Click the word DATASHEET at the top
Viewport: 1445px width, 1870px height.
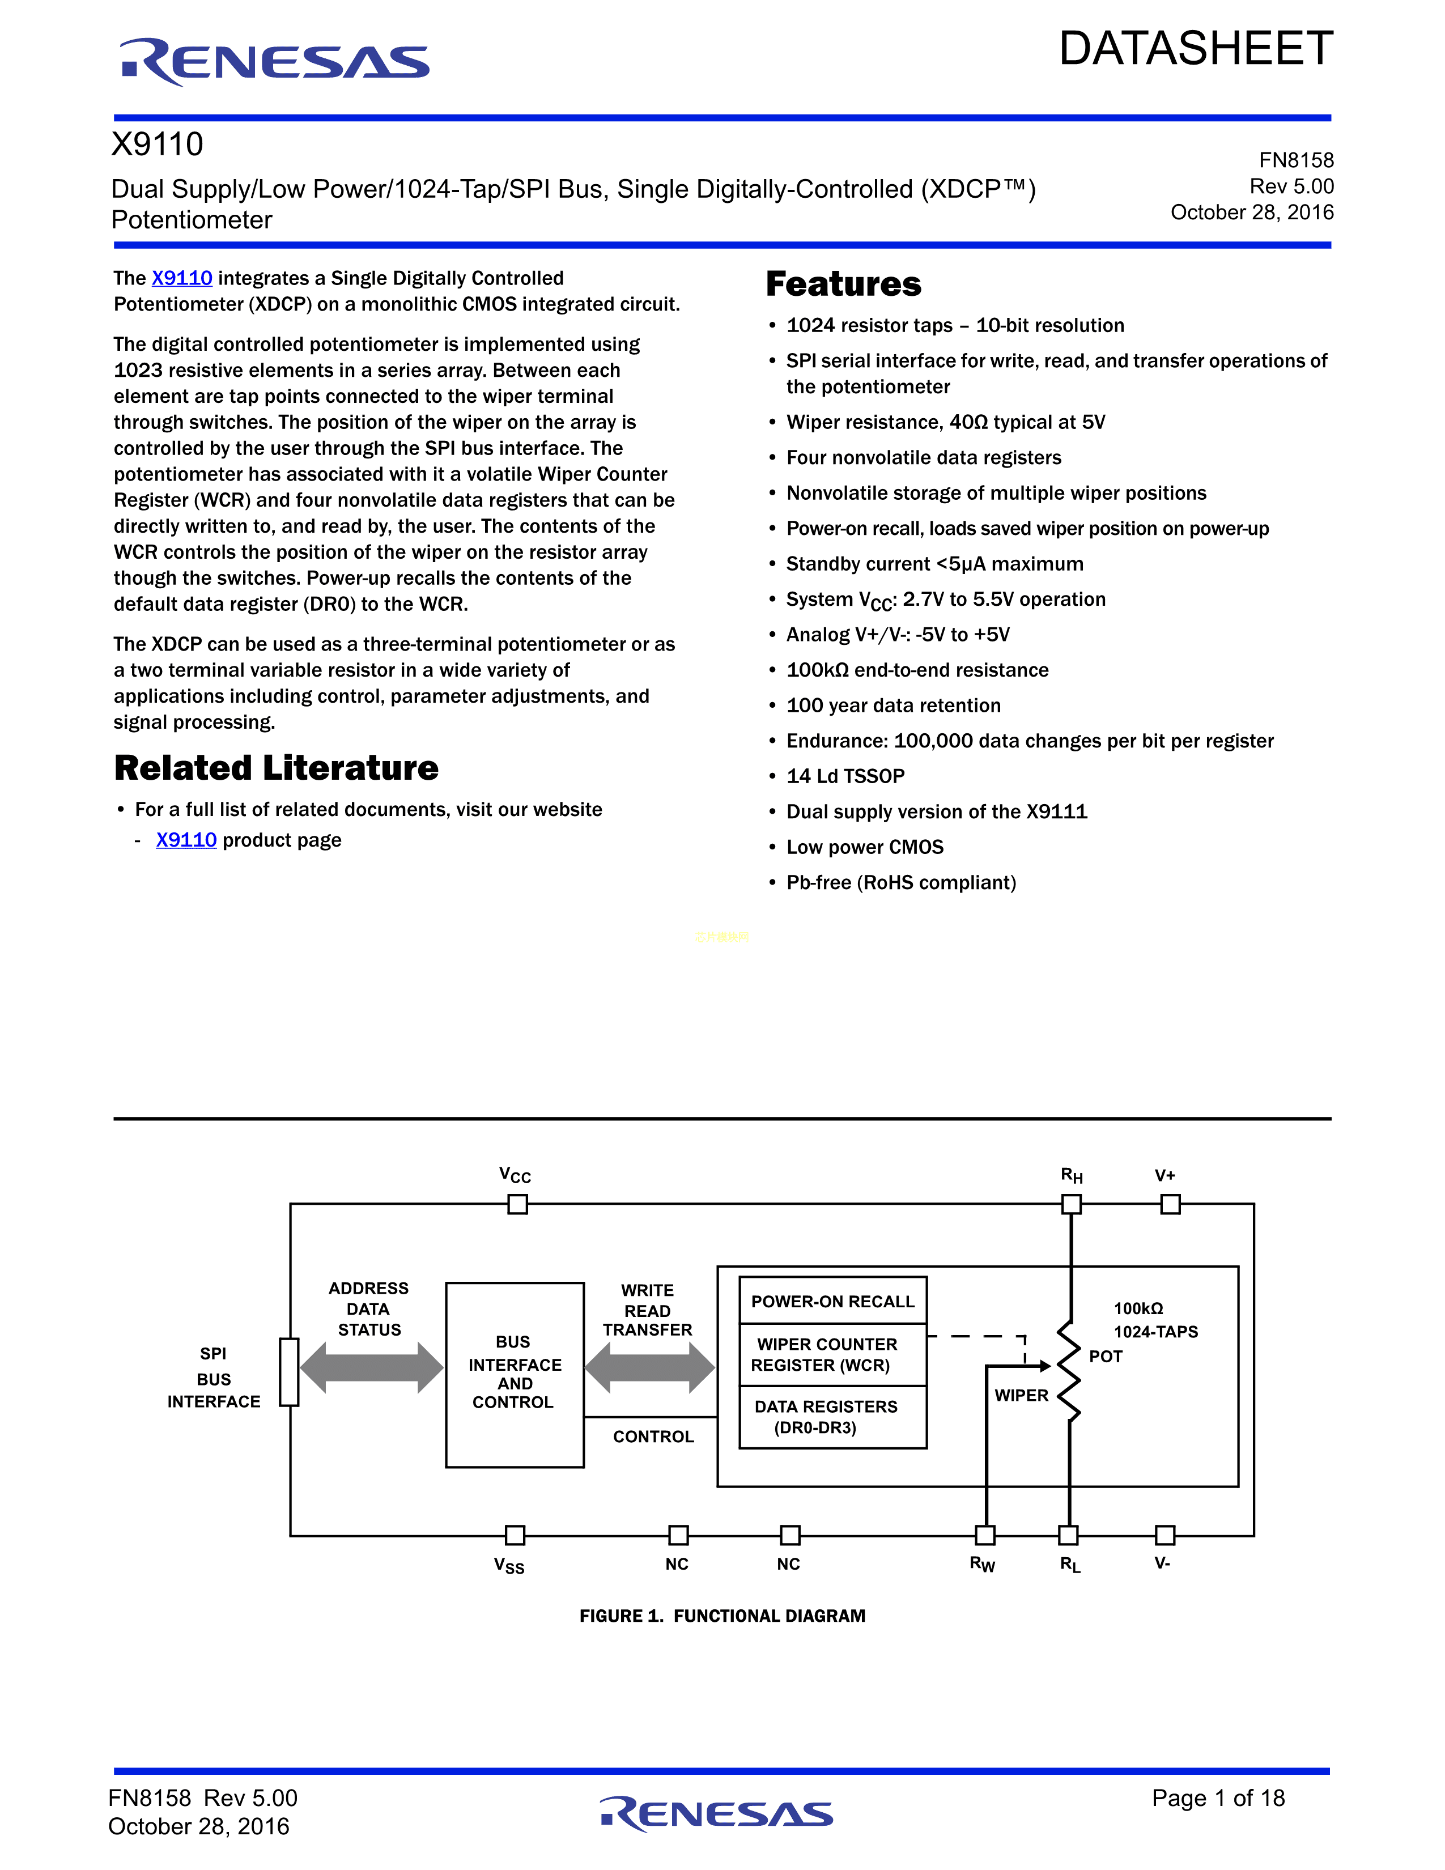[x=1195, y=49]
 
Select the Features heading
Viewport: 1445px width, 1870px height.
[x=843, y=284]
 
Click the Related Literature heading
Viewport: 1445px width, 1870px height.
[x=275, y=768]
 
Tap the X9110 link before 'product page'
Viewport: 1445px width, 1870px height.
[x=186, y=840]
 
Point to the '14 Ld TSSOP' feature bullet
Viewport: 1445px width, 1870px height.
[x=845, y=776]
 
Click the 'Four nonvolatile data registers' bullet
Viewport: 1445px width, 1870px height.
[x=923, y=457]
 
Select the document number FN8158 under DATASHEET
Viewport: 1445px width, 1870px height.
[x=1295, y=160]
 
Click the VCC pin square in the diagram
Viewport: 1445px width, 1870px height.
[x=517, y=1204]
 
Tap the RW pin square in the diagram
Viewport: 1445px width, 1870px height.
[x=985, y=1535]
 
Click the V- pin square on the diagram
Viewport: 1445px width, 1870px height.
[x=1164, y=1535]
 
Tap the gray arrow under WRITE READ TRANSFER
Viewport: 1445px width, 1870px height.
[x=649, y=1367]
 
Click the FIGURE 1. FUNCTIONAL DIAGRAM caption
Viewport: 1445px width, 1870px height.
[x=721, y=1616]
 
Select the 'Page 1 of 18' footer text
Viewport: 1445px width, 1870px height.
[x=1217, y=1798]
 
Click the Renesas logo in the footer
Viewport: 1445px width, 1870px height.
[x=716, y=1813]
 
